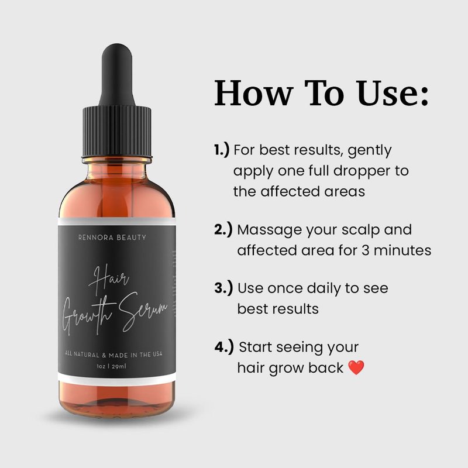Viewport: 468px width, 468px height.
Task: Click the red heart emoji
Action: (356, 367)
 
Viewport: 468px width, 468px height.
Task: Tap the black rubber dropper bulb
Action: (116, 75)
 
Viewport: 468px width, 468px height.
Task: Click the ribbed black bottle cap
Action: (116, 131)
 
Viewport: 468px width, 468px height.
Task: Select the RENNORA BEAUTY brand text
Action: (112, 238)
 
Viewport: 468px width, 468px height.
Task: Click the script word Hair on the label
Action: (109, 279)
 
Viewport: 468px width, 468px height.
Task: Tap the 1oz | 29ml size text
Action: (111, 366)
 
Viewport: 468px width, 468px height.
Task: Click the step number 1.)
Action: (222, 150)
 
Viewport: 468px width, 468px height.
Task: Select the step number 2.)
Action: (223, 230)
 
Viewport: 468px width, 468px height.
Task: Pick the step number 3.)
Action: (223, 288)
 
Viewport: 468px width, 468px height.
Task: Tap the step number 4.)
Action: (224, 347)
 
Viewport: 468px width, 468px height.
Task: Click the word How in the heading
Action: (253, 92)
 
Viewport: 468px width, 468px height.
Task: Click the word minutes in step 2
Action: (402, 250)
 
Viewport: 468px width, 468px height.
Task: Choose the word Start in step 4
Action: (256, 347)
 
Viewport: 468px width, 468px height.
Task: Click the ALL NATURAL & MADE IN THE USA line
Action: (113, 355)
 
